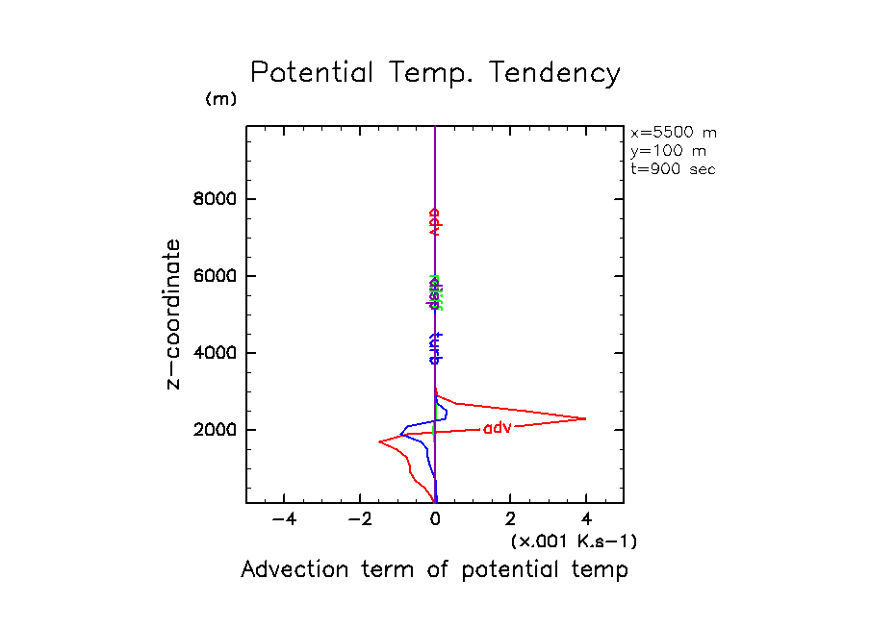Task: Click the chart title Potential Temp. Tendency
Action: (435, 74)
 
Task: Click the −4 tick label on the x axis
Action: (283, 519)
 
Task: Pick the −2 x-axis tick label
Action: (359, 519)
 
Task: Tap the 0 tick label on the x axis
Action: (435, 519)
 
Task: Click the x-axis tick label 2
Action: (511, 519)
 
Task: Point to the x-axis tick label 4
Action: (586, 519)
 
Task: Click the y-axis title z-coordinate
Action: (174, 314)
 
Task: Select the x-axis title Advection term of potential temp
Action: (434, 570)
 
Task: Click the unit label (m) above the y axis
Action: (220, 99)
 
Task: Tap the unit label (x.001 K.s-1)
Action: (574, 541)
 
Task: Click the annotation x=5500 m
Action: (674, 133)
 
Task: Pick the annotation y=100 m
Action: (665, 151)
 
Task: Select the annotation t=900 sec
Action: (673, 169)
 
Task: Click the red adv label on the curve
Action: (497, 428)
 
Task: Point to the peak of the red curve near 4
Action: (586, 418)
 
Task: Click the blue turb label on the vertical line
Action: (435, 347)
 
